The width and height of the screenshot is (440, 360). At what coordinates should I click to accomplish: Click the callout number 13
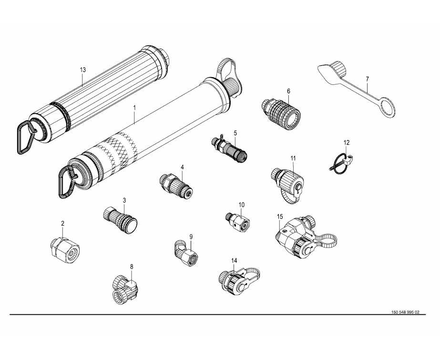(82, 70)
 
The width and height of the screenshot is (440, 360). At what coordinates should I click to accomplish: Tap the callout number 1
(135, 108)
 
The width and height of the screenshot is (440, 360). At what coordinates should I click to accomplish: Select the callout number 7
(368, 79)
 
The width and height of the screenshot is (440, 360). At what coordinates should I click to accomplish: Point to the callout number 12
(347, 143)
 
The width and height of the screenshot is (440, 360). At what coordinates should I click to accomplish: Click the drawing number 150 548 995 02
(405, 312)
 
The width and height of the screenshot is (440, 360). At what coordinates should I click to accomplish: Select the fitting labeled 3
(120, 219)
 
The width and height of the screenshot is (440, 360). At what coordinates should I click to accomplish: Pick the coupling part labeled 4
(175, 185)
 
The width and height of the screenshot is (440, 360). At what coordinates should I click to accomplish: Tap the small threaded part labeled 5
(229, 150)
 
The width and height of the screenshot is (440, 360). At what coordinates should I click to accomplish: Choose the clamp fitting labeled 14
(239, 282)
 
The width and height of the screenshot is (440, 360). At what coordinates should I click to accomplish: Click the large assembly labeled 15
(306, 236)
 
